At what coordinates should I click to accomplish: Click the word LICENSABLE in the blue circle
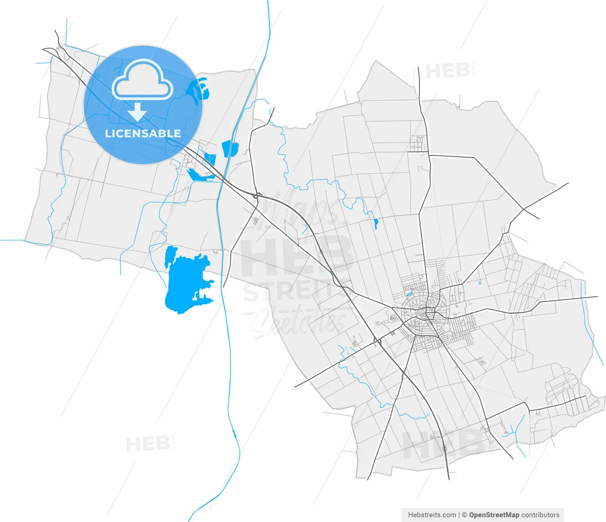[143, 133]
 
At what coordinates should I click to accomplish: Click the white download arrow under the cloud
[137, 113]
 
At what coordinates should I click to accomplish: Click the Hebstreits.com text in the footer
[432, 515]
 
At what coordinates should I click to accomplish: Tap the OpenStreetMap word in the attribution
[494, 515]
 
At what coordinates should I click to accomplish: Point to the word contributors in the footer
[540, 515]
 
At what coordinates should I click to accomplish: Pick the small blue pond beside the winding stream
[376, 223]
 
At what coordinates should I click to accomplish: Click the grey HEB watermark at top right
[447, 71]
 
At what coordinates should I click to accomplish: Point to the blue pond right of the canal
[230, 148]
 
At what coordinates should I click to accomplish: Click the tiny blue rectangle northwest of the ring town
[409, 294]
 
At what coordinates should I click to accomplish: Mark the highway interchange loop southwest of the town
[377, 341]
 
